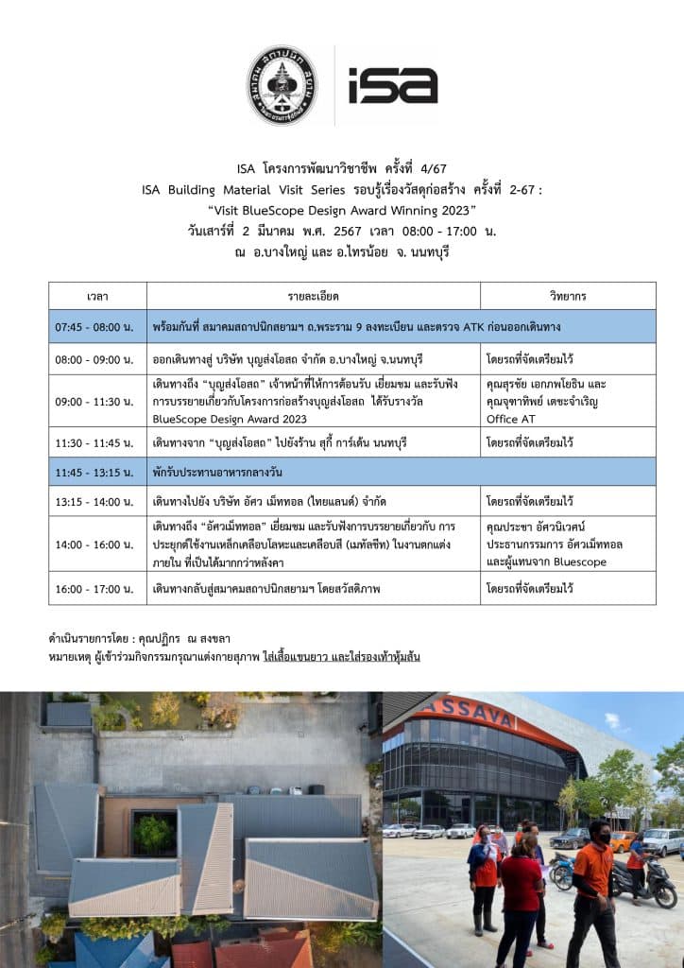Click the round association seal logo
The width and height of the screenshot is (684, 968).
[x=282, y=85]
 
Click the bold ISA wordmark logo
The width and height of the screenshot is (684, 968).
[x=393, y=85]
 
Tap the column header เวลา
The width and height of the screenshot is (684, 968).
[x=97, y=296]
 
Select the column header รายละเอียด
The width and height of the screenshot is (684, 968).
[x=313, y=296]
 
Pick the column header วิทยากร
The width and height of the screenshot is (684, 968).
[x=568, y=296]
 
